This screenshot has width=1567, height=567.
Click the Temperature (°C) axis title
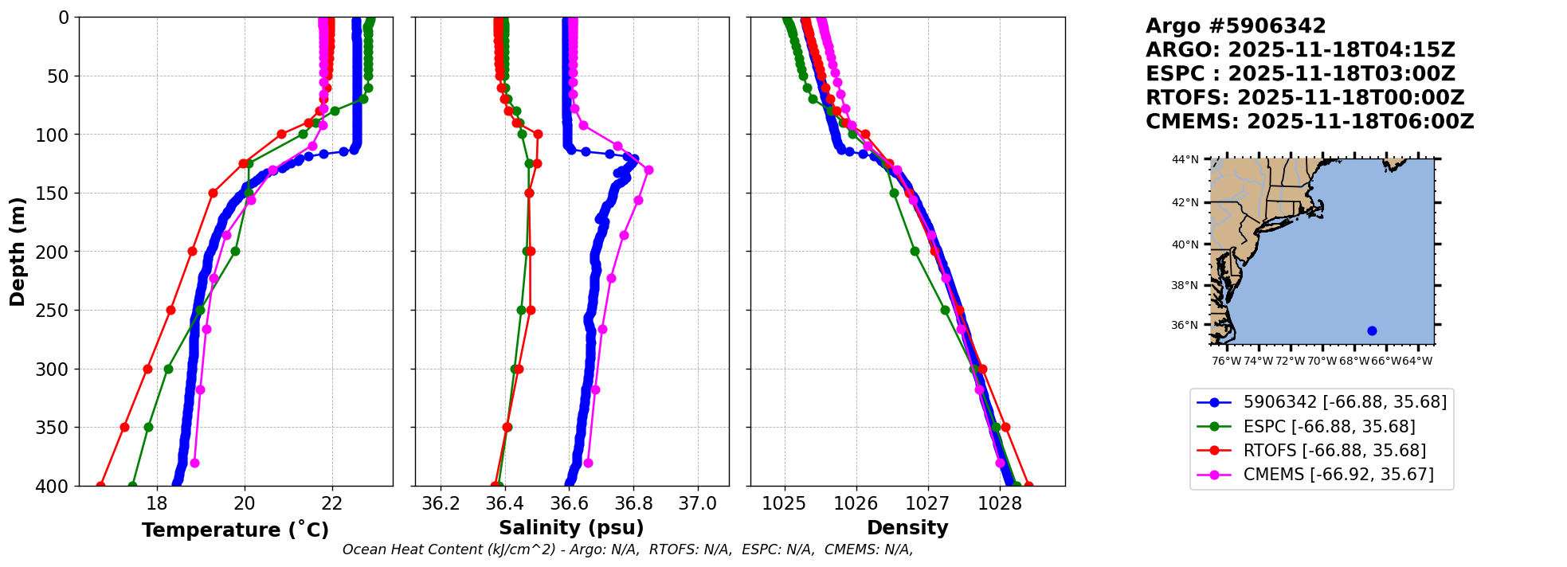coord(235,530)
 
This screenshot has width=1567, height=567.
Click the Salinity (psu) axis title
coord(571,528)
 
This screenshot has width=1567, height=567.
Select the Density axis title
coord(907,528)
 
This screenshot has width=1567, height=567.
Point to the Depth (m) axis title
coord(18,252)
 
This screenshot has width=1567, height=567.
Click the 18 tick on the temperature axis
coord(157,503)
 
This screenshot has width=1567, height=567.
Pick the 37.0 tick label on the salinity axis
coord(698,503)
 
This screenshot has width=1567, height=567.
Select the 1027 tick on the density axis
coord(928,503)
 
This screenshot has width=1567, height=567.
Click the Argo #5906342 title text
coord(1236,26)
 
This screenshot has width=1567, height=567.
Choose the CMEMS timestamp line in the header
coord(1310,122)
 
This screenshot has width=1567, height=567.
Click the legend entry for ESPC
coord(1329,426)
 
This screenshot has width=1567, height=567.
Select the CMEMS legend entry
coord(1338,475)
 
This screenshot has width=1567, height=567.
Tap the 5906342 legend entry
coord(1345,402)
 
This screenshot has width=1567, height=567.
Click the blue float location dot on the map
coord(1372,330)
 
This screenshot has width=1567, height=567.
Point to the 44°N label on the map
coord(1185,160)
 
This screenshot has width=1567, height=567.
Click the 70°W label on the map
coord(1322,361)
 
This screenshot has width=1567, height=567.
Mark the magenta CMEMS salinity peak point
coord(648,170)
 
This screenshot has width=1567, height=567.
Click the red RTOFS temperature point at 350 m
coord(124,427)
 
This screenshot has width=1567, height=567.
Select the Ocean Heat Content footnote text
coord(628,549)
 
